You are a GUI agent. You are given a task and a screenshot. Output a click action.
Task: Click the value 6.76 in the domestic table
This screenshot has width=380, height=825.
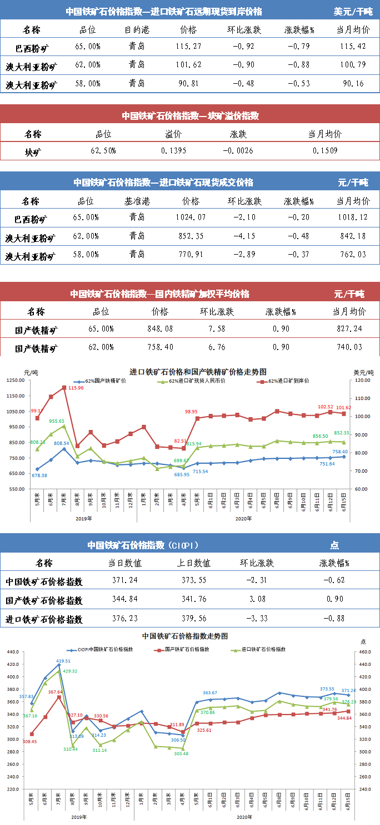pos(217,347)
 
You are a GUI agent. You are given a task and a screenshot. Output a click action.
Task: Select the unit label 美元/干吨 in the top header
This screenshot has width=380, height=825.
pos(353,11)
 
